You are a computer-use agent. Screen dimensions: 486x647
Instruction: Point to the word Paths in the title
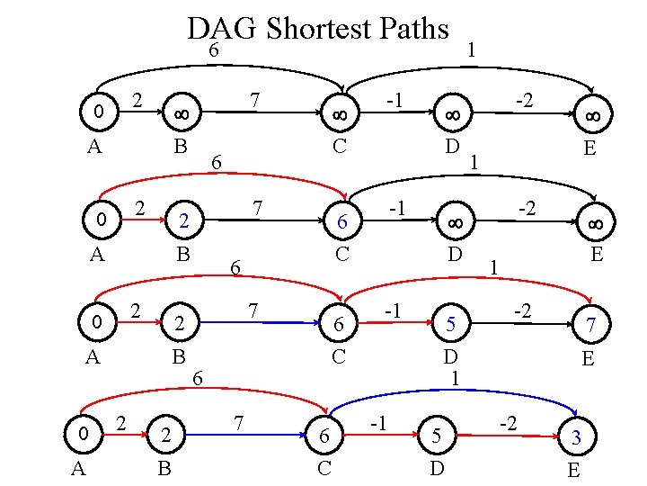pyautogui.click(x=416, y=29)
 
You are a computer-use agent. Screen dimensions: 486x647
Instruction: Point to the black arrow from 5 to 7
pyautogui.click(x=521, y=321)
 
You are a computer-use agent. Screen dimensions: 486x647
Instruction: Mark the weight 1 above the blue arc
pyautogui.click(x=456, y=378)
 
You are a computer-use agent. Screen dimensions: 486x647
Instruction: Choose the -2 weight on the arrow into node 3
pyautogui.click(x=509, y=421)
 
